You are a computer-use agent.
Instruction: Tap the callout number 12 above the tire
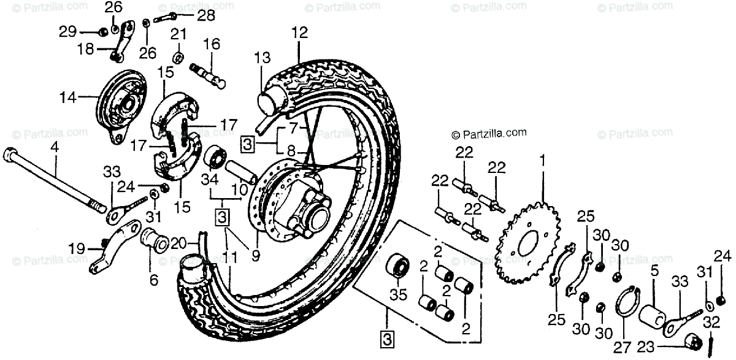coord(299,33)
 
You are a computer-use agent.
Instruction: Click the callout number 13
coord(262,58)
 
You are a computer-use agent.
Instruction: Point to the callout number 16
coord(211,44)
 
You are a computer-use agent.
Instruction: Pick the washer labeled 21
coord(177,58)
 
